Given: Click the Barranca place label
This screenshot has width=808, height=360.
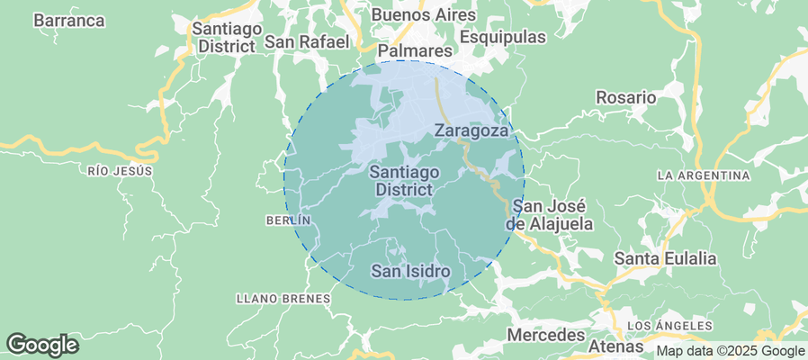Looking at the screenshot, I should pos(69,21).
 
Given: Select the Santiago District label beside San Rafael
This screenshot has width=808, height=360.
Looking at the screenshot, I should pos(227,38).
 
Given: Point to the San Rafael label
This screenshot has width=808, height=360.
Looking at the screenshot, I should pos(312,41).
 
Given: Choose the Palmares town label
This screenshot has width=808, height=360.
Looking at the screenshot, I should pos(414,50).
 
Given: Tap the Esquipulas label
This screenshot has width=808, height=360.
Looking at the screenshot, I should pos(503,37).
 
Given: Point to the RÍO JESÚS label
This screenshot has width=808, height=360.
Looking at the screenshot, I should pos(121,170).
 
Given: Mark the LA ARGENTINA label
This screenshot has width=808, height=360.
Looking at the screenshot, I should pos(704,175).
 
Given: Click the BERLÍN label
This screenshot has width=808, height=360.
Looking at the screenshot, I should pos(288,220).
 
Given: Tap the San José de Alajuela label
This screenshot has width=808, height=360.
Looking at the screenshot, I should pos(550,214).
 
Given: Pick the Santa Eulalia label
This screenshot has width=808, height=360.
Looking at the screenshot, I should pos(665,258).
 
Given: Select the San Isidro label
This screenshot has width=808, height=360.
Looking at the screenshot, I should pos(411,270).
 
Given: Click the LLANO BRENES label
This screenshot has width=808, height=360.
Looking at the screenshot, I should pos(282,298).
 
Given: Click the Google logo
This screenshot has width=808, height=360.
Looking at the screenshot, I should pos(42,344).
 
